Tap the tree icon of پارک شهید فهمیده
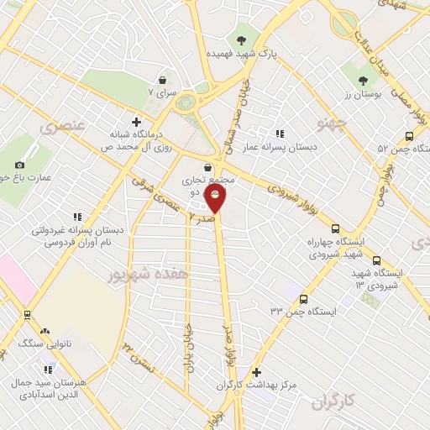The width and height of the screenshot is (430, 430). coord(242,39)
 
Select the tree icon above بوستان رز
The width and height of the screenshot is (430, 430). coord(363,81)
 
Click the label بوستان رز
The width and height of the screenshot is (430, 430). coord(365,95)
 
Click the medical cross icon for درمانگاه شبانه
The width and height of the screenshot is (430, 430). coord(136,122)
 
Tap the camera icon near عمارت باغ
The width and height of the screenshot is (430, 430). coord(20,165)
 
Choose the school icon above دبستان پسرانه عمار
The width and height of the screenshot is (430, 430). coord(281,133)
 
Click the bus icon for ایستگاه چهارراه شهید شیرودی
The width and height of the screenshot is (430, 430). coord(336,228)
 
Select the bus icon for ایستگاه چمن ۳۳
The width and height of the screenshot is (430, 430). coord(302,299)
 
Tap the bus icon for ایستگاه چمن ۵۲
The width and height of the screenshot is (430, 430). coord(409,136)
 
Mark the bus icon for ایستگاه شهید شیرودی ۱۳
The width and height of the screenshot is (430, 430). coord(375,260)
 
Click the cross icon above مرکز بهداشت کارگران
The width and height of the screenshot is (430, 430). coord(256,372)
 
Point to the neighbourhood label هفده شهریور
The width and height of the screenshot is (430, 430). coord(149,274)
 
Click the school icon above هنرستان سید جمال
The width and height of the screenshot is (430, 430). coord(48,370)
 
